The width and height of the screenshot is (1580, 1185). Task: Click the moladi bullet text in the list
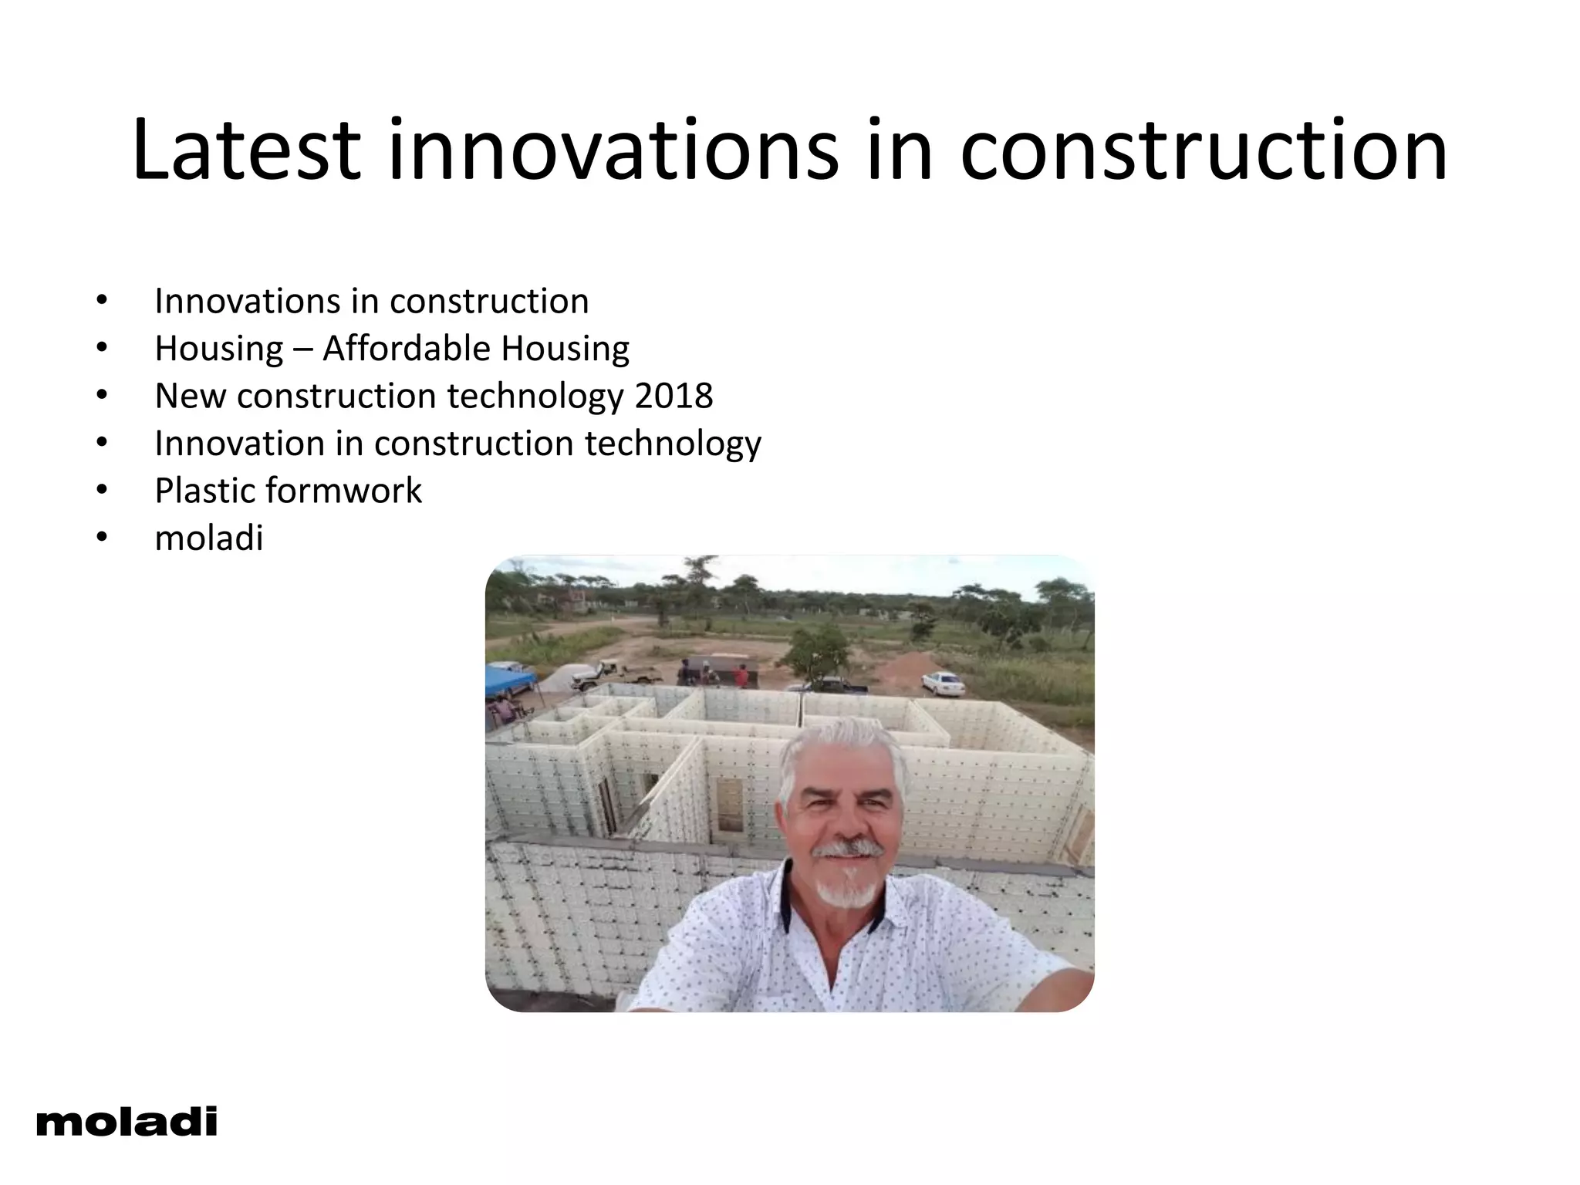pos(209,538)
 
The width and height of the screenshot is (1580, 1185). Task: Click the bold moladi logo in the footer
pos(127,1122)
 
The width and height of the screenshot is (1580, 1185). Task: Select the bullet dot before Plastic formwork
pos(102,491)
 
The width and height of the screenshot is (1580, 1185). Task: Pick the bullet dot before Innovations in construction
pos(102,301)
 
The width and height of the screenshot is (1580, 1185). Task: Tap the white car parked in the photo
pos(943,682)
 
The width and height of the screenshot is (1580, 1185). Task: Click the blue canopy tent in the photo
pos(509,680)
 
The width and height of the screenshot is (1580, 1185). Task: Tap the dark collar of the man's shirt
pos(787,895)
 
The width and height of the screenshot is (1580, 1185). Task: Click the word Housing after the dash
pos(565,349)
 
